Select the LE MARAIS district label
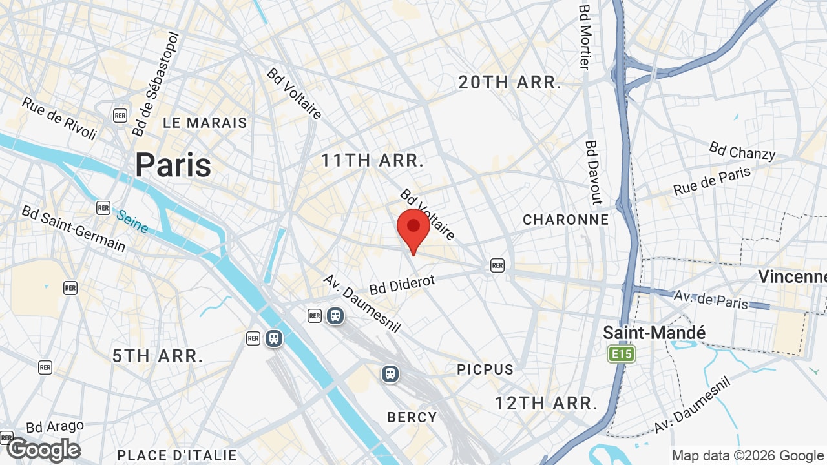click(x=205, y=123)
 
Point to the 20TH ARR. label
click(x=510, y=83)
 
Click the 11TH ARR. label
click(x=373, y=161)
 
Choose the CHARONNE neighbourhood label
click(x=566, y=220)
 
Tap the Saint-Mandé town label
click(x=654, y=333)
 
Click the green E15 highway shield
click(x=622, y=353)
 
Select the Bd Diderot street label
click(x=403, y=284)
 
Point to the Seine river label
click(x=132, y=220)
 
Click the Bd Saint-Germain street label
click(x=73, y=228)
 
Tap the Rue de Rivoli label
click(x=59, y=118)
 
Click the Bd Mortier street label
click(x=585, y=37)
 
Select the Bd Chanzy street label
click(x=742, y=150)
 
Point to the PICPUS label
click(x=485, y=369)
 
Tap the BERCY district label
click(x=412, y=417)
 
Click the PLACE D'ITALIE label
click(x=177, y=455)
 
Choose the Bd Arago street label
click(x=55, y=427)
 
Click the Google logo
click(x=44, y=449)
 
